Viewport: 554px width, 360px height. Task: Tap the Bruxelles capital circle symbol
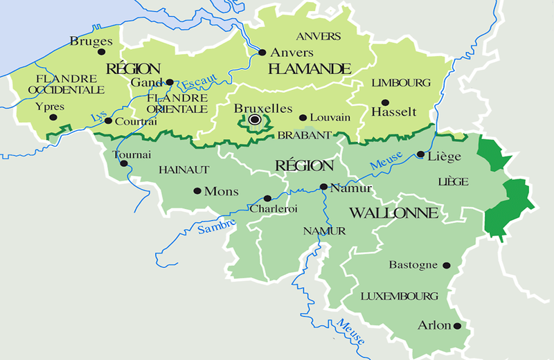[x=255, y=120]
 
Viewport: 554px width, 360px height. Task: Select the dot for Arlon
[x=457, y=325]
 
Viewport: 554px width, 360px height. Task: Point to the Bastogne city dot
[x=447, y=264]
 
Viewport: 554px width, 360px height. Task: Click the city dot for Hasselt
[x=385, y=102]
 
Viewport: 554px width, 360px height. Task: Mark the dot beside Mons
[x=197, y=191]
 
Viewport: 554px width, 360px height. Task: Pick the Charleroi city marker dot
[x=267, y=198]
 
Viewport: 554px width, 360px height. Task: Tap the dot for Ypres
[x=53, y=118]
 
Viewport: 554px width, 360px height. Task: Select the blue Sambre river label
[x=216, y=225]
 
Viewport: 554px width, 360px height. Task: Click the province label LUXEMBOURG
[x=400, y=296]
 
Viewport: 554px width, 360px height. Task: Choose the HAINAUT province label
[x=184, y=169]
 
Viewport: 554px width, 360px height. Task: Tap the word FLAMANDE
[x=310, y=69]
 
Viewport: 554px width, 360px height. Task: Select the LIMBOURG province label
[x=401, y=82]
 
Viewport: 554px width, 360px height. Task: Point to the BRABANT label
[x=304, y=136]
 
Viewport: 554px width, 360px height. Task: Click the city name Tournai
[x=130, y=154]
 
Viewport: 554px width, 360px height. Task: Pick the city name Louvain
[x=330, y=118]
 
